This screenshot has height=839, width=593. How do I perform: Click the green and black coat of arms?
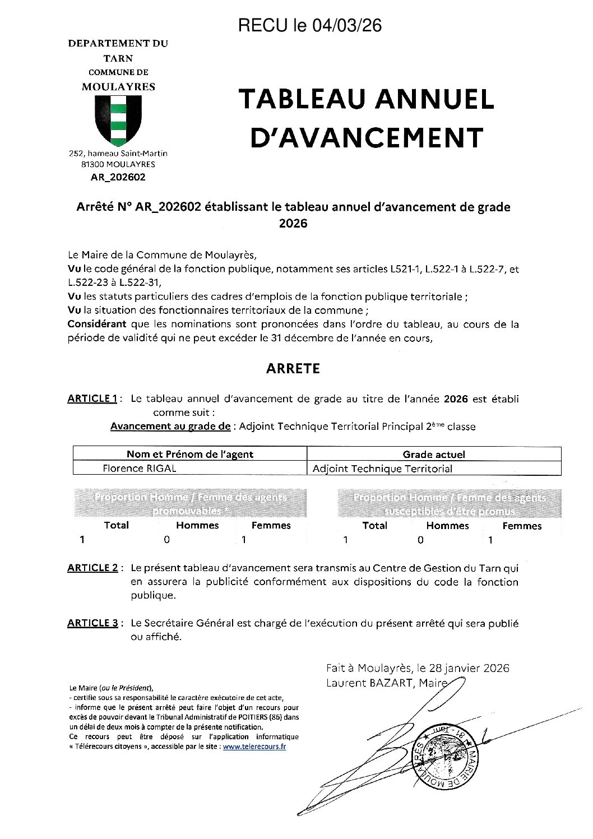pos(118,120)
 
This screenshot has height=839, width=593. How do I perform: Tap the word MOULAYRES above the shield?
pos(118,87)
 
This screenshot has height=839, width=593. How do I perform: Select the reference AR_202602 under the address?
pos(118,177)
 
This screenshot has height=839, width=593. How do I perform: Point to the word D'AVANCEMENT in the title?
pos(367,138)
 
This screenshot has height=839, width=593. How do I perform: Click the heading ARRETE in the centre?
pos(293,368)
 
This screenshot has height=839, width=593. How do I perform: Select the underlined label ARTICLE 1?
pos(92,398)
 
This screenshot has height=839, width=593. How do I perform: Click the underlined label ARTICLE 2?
pos(92,568)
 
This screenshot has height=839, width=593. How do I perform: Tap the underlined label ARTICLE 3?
pos(92,623)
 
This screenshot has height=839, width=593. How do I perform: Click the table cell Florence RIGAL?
pos(140,469)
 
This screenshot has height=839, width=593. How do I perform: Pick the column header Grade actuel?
pos(434,455)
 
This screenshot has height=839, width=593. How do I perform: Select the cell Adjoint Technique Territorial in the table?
pos(382,469)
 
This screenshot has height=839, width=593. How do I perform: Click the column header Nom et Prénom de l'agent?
pos(190,455)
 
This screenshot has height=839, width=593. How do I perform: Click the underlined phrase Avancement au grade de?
pos(170,427)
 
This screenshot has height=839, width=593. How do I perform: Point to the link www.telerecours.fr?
pos(254,747)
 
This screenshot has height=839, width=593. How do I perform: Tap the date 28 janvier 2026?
pos(469,668)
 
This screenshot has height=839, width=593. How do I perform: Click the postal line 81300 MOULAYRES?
pos(118,165)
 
